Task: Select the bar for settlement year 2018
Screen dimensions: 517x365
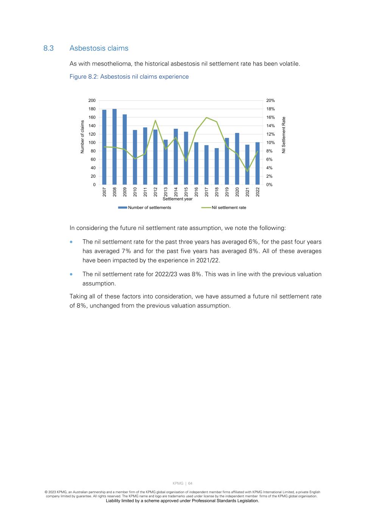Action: [x=217, y=166]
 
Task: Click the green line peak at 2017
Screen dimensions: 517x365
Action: [x=207, y=117]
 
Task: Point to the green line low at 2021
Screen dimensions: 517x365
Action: [x=247, y=171]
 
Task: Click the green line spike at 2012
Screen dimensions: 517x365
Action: [x=155, y=120]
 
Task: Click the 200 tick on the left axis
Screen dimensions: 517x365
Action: [x=92, y=100]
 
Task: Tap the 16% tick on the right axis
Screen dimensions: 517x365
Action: [x=270, y=117]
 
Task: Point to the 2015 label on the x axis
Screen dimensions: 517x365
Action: [x=186, y=192]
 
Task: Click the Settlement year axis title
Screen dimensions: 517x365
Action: [x=177, y=199]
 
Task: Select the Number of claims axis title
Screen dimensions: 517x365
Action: [x=82, y=137]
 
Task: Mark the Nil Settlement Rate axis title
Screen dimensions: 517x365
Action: [x=284, y=135]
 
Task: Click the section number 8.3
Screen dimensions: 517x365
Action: [x=48, y=48]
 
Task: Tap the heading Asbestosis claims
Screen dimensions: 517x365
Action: [x=99, y=48]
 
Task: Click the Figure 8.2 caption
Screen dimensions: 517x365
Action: [x=129, y=77]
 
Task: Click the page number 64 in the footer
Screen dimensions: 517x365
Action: [x=190, y=483]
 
